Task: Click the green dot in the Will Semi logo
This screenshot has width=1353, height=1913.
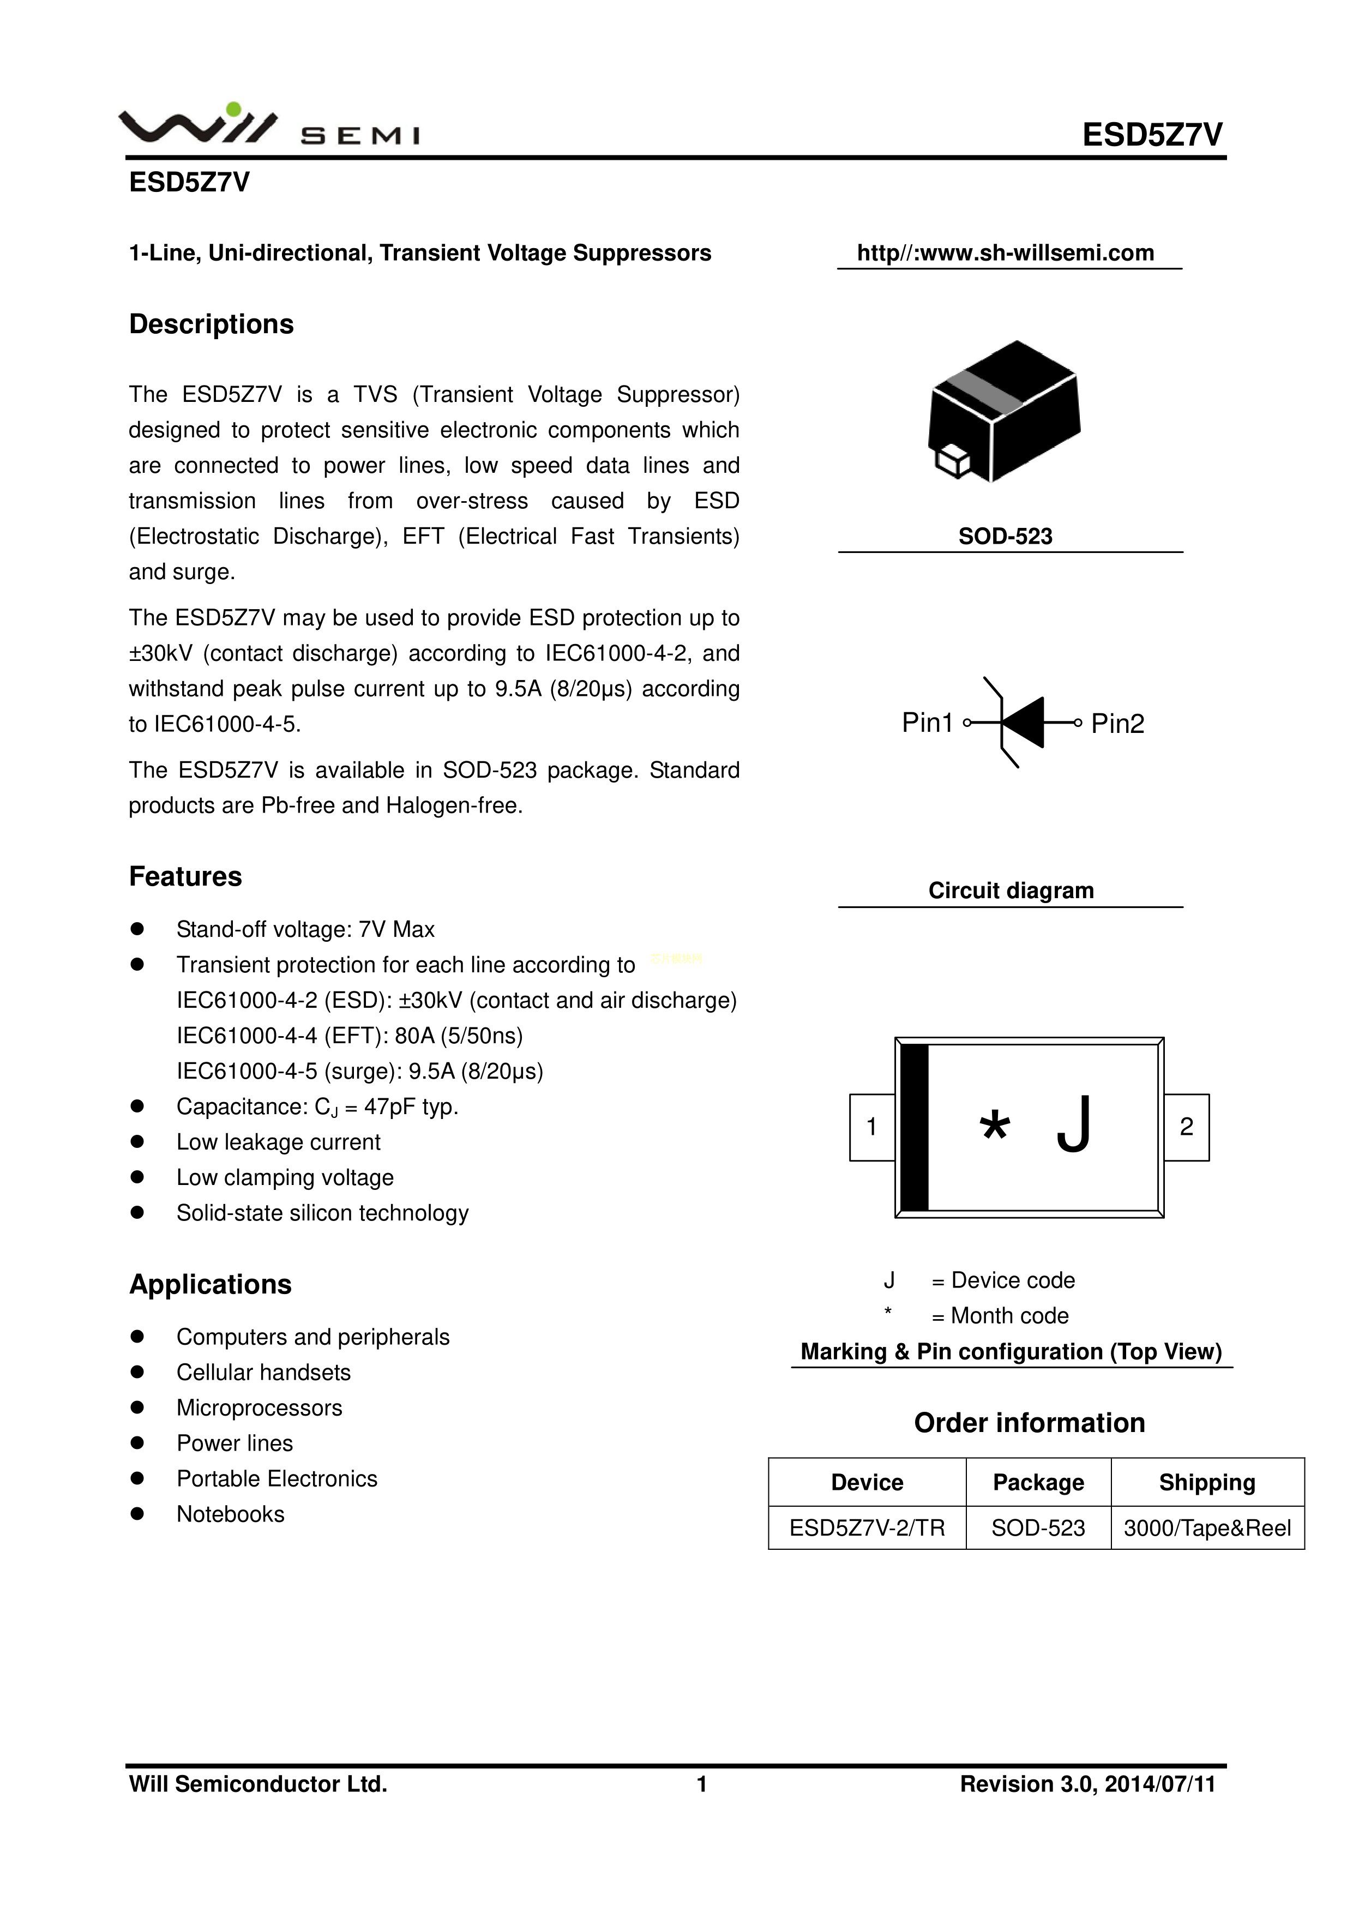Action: point(234,109)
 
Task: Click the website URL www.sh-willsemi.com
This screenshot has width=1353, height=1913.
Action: point(1006,252)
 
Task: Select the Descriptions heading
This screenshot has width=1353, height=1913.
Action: point(211,324)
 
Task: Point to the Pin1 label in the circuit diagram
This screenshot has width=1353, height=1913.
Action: point(927,723)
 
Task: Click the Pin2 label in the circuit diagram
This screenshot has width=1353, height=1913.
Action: point(1117,723)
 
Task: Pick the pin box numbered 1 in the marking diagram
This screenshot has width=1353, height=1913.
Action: point(871,1127)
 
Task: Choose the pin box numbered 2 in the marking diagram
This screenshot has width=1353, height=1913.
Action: point(1186,1127)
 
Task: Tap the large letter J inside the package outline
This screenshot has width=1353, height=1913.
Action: point(1074,1125)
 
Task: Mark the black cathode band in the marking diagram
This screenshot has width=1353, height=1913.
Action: point(915,1127)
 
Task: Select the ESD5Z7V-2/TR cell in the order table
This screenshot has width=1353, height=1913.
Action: point(867,1528)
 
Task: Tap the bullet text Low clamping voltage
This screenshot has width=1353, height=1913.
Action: point(285,1177)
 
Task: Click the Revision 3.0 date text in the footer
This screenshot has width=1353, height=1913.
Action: point(1087,1784)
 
